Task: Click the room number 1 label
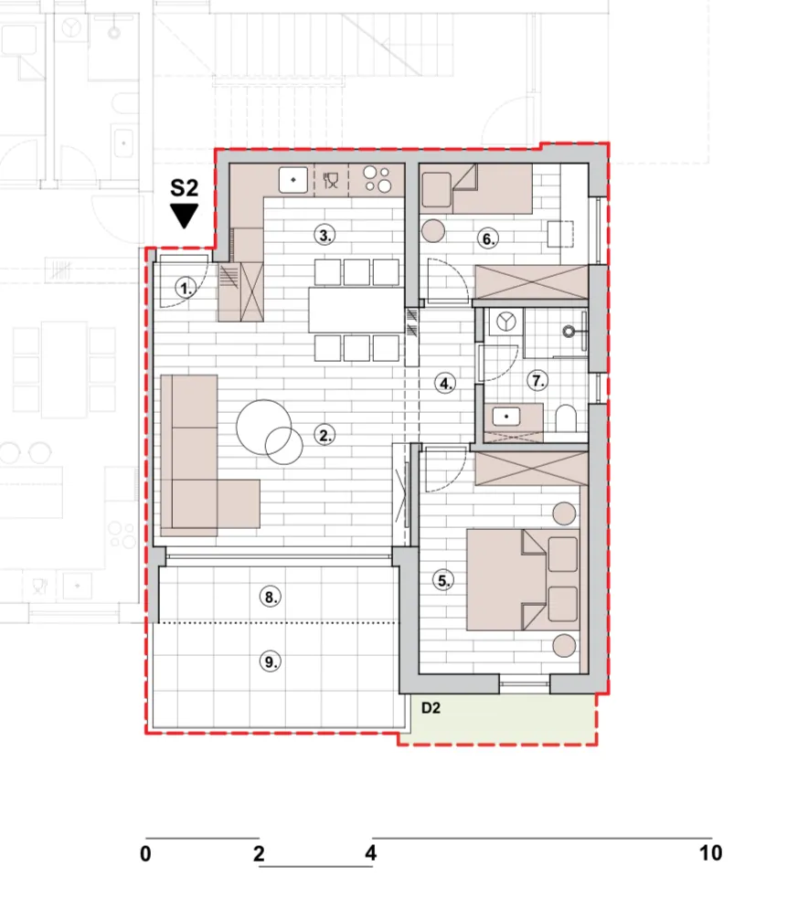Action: pos(186,288)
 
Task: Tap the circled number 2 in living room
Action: pos(325,435)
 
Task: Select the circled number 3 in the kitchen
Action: pos(325,235)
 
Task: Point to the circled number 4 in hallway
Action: pos(446,383)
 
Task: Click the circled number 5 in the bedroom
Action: pos(443,580)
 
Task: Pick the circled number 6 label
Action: pos(487,238)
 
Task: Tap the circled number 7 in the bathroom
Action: pos(537,381)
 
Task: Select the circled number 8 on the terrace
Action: pos(270,597)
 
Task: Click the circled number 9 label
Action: pos(270,662)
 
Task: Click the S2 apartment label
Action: pos(184,188)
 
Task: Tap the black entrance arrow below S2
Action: pos(184,216)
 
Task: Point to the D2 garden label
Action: pos(431,708)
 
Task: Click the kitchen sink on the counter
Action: pos(293,179)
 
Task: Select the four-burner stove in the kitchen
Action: pos(378,179)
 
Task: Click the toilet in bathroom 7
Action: pos(566,419)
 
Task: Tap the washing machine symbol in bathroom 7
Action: pos(505,322)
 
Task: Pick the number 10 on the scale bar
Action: pos(711,853)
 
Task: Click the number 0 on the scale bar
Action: pos(145,853)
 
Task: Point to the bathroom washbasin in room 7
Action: pos(505,417)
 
